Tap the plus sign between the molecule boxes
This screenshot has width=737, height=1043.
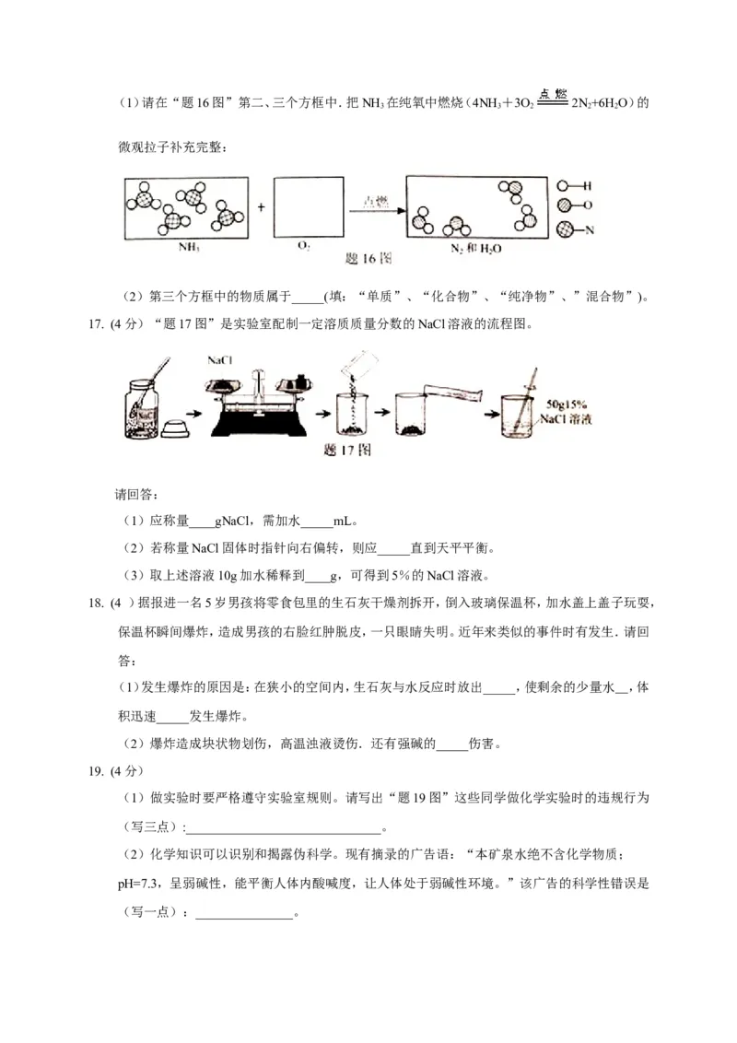click(x=262, y=208)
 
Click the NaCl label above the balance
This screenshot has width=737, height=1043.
click(x=220, y=361)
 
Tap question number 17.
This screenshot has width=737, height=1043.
click(x=92, y=323)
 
